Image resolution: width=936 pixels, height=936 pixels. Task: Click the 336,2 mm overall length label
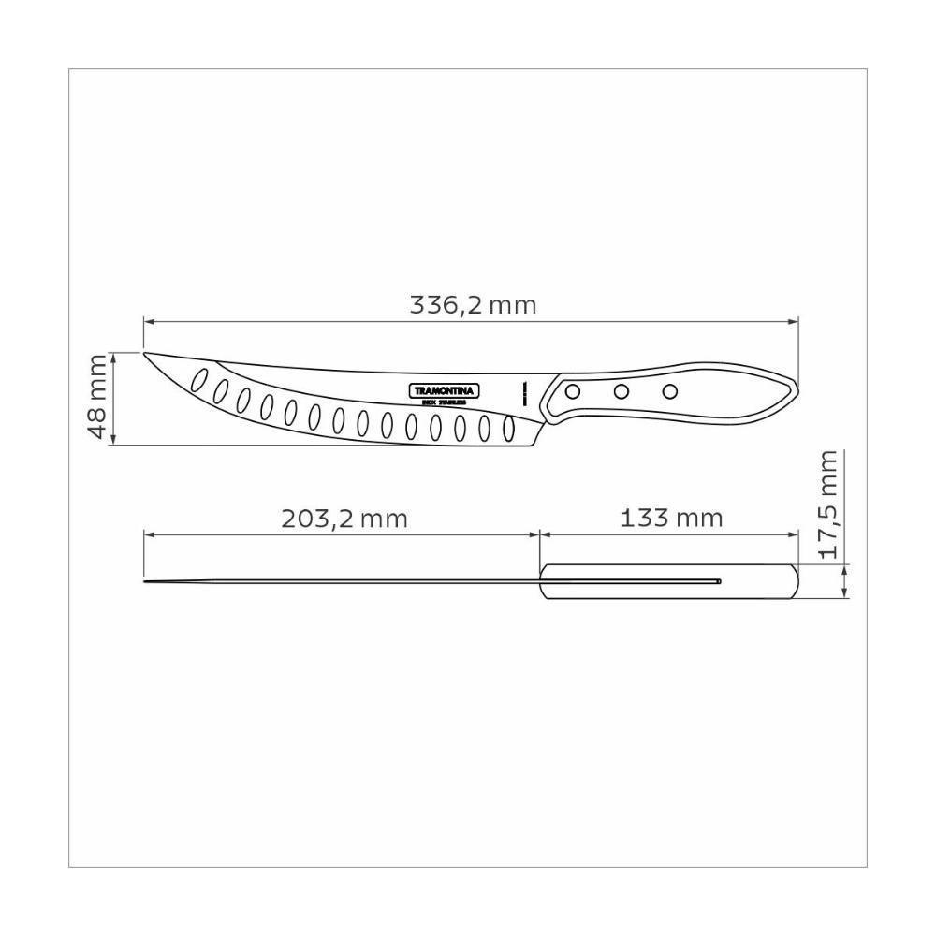[473, 305]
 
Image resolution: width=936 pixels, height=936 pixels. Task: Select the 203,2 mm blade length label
[344, 519]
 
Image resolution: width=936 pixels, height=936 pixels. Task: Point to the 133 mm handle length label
[671, 519]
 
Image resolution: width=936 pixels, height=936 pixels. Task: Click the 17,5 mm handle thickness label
[827, 504]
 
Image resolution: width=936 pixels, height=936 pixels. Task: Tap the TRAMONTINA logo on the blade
[445, 389]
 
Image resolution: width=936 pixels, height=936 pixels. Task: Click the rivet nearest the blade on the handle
[574, 390]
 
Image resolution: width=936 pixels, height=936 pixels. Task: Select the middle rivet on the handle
[621, 390]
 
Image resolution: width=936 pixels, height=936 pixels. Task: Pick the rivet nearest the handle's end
[668, 389]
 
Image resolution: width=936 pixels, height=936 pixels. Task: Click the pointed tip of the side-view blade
[145, 354]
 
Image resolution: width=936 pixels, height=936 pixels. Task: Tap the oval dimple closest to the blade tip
[198, 379]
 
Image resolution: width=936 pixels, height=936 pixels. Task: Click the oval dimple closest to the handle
[509, 430]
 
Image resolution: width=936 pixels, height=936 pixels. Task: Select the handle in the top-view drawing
[668, 582]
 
